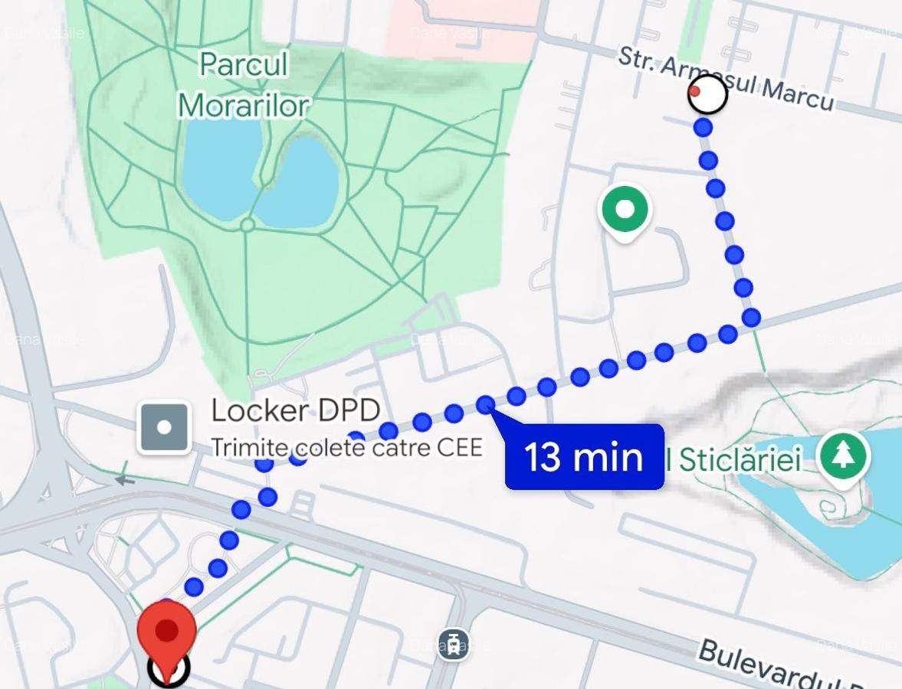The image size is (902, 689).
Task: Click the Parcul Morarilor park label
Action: point(244,84)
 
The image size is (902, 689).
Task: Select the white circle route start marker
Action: point(707,95)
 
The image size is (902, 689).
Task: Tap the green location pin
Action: point(625,211)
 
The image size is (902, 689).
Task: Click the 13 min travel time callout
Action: point(584,456)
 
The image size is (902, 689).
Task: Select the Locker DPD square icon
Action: point(164,428)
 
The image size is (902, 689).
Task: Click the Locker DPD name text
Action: point(295,412)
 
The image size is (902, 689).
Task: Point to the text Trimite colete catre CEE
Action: point(346,447)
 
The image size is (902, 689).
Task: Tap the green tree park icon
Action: point(843,456)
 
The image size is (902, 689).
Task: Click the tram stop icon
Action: point(454,644)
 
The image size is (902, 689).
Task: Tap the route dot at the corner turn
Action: point(751,316)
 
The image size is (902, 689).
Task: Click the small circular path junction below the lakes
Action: point(247,225)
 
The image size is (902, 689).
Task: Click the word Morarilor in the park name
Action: point(244,105)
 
